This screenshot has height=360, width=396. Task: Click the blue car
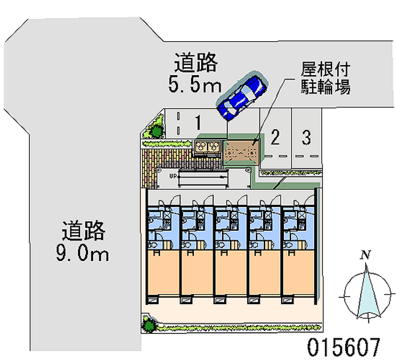pos(242,96)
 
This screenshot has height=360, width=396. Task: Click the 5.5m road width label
pos(195,84)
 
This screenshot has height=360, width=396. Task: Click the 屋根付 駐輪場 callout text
pos(325,78)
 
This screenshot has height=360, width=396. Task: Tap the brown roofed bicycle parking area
pos(241,153)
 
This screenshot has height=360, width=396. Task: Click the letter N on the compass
pos(366,255)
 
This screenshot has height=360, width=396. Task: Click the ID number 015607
pos(344,347)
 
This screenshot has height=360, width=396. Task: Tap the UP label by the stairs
pos(173,176)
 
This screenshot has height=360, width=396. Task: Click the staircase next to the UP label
pos(203,178)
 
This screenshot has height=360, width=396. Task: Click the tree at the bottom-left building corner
pos(148,325)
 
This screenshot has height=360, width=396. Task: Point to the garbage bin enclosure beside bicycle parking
pos(207,147)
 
